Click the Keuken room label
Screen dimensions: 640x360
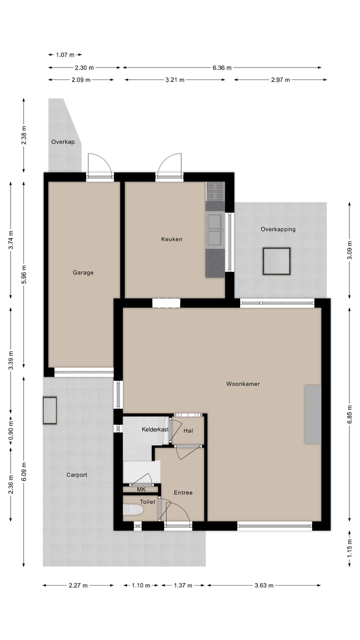171,239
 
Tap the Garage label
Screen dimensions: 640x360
83,272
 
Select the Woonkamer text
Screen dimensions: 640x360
243,384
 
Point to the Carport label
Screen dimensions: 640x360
77,475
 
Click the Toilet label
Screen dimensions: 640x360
147,501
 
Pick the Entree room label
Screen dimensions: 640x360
183,492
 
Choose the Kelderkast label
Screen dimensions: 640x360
155,429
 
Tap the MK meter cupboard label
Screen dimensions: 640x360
141,489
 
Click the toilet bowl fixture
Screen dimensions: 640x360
133,510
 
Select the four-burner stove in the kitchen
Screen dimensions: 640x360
215,191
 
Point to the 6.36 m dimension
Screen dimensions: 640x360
221,67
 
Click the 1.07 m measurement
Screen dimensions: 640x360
65,54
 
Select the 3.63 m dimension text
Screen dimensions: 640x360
263,585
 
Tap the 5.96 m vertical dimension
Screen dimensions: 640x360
24,274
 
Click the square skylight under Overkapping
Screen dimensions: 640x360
276,261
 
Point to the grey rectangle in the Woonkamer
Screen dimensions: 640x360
312,414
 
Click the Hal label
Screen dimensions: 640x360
188,430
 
